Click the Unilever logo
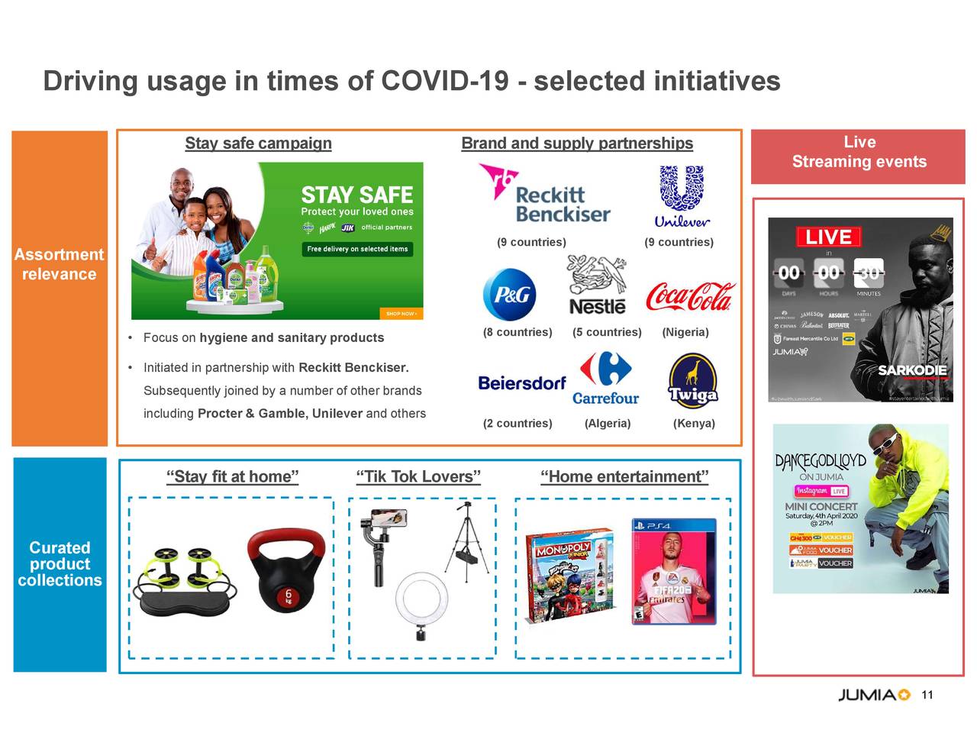[x=682, y=197]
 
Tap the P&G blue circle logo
[x=510, y=295]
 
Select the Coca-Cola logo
[x=689, y=297]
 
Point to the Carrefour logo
[x=605, y=379]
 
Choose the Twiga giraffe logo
[x=693, y=381]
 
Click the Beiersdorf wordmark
[x=522, y=383]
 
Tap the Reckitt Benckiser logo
[x=545, y=195]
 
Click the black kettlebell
[x=286, y=570]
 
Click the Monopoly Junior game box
[x=570, y=575]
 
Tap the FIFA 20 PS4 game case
[x=674, y=571]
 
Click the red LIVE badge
[x=828, y=237]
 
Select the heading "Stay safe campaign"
[x=258, y=144]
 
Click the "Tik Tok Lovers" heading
[x=418, y=477]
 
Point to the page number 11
[x=927, y=695]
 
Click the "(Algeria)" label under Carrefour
[x=608, y=424]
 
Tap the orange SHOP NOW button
[x=401, y=314]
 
